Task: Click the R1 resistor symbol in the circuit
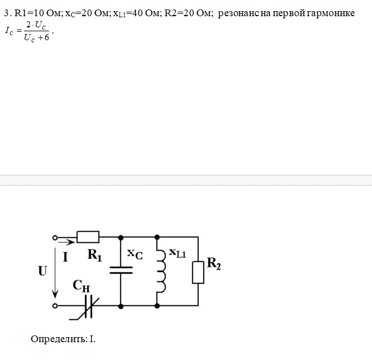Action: click(x=88, y=237)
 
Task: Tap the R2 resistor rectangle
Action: click(x=197, y=273)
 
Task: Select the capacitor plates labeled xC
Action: click(x=121, y=271)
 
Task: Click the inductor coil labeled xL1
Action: click(x=161, y=271)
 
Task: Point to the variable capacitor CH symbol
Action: click(x=88, y=306)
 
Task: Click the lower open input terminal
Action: click(x=55, y=306)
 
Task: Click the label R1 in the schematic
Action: click(x=95, y=256)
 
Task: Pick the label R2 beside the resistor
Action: click(x=214, y=263)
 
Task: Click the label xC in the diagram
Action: click(x=134, y=254)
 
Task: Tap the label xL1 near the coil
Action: click(x=177, y=254)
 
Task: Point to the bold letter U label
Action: click(x=43, y=272)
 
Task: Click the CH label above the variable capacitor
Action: click(x=81, y=286)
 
